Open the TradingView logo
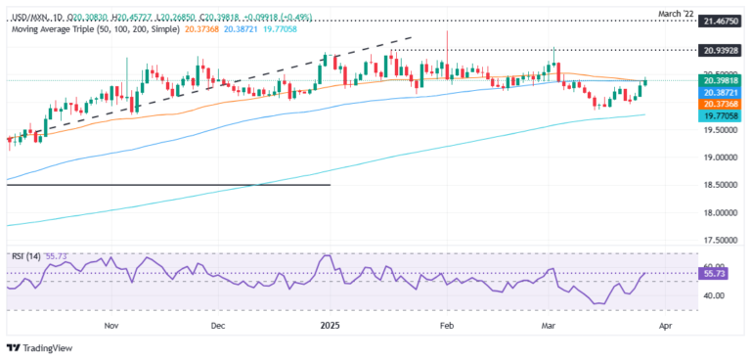tap(39, 348)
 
